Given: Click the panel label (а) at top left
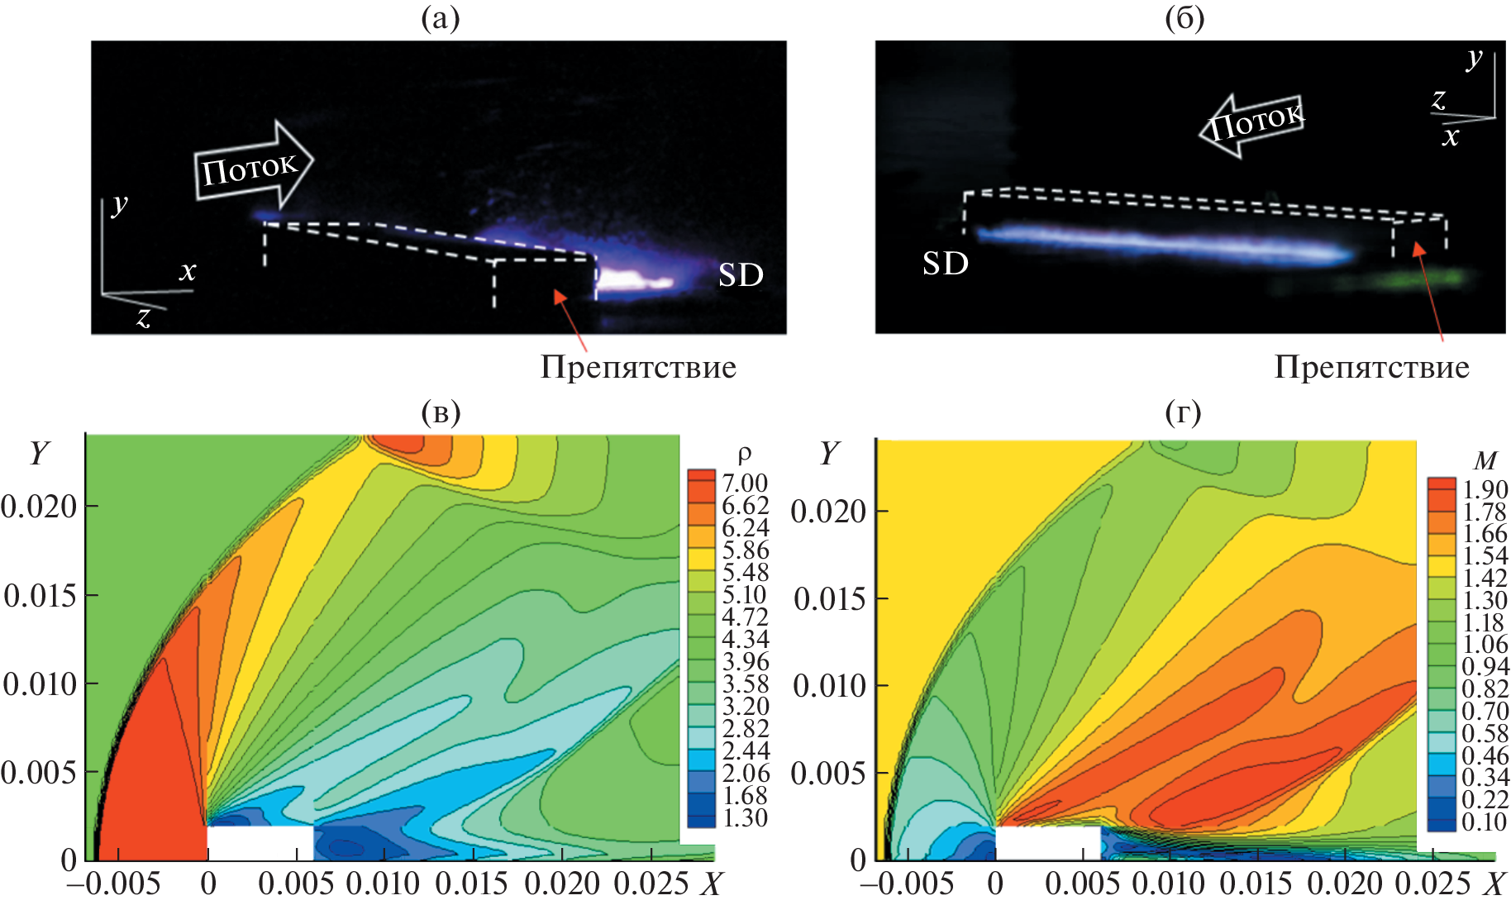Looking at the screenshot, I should [x=440, y=18].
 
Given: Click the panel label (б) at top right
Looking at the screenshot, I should [x=1184, y=18].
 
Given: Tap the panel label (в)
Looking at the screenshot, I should [x=440, y=412].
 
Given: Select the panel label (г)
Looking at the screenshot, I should [x=1183, y=412].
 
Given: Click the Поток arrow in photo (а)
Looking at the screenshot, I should [x=252, y=165].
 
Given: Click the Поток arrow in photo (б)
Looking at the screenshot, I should [x=1253, y=124].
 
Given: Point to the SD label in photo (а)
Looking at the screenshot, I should [x=740, y=275].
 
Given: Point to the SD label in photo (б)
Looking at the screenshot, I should [x=945, y=264].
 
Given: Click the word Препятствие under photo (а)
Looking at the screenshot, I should [x=638, y=367].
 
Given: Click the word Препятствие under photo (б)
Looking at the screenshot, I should [x=1371, y=367].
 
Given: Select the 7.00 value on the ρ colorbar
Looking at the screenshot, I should [x=745, y=483].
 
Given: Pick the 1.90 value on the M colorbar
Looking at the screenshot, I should [x=1485, y=489].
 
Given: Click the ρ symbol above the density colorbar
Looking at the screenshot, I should [x=744, y=455].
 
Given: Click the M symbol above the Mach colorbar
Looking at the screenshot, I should [x=1485, y=460].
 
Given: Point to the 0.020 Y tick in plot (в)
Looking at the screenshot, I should [x=39, y=506].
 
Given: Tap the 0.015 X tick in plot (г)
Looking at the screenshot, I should [x=1256, y=884].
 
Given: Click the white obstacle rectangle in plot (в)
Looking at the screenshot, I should [x=260, y=842].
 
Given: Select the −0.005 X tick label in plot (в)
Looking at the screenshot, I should [x=113, y=884].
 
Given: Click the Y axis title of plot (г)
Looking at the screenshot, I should [x=829, y=453].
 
